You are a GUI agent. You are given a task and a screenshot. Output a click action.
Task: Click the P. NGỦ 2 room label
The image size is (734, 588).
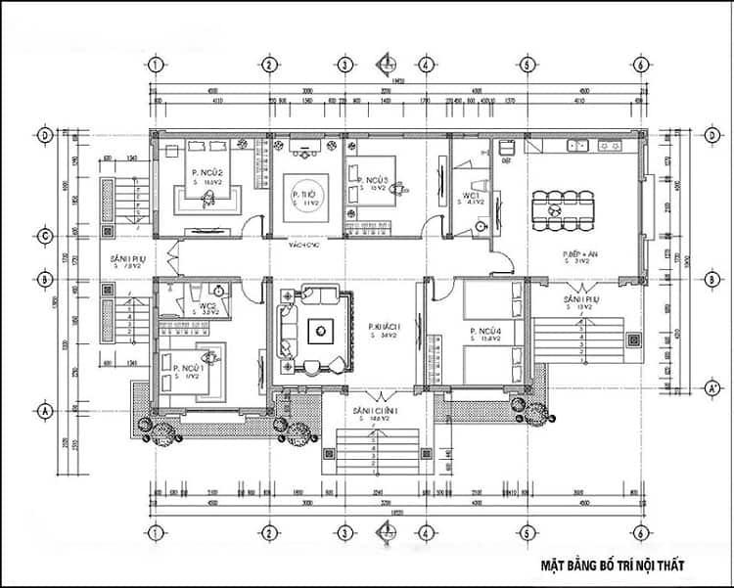pos(208,172)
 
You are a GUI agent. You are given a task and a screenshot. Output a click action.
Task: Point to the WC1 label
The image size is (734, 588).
pos(471,196)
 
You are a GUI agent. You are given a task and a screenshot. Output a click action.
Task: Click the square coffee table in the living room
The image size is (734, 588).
pos(320,331)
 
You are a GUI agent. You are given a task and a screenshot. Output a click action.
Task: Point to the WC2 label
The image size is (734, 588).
pos(207,306)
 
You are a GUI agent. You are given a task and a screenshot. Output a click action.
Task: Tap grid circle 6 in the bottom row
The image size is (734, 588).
pos(639,533)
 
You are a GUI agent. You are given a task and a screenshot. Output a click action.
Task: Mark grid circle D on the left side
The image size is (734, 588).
pos(44,136)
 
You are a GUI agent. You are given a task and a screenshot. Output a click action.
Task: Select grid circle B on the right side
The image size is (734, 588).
pos(707,279)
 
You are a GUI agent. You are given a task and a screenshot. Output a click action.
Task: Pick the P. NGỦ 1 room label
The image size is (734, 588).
pos(188,367)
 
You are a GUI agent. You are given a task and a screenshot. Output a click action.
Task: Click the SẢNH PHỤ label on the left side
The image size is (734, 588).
pos(128,258)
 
